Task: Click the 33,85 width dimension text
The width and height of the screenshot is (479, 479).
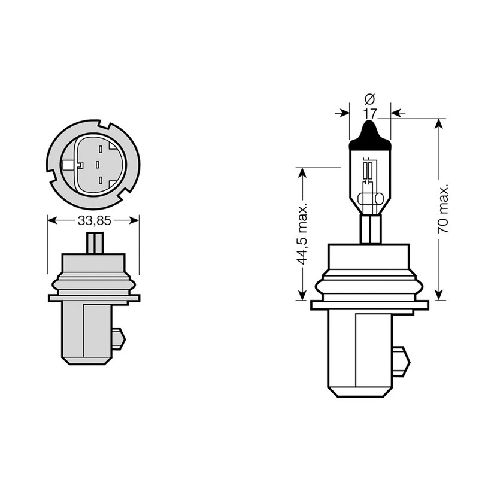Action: click(x=94, y=220)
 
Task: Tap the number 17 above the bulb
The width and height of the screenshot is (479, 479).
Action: click(x=369, y=113)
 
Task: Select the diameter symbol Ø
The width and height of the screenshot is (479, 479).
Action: click(x=369, y=98)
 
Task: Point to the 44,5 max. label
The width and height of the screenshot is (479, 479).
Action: click(x=302, y=234)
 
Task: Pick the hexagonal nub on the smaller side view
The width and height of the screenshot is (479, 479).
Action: click(x=119, y=339)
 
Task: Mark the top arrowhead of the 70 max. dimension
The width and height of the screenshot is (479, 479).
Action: click(x=439, y=124)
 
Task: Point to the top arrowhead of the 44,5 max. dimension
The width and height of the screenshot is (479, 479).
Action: click(x=302, y=172)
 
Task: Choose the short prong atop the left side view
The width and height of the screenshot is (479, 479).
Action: click(x=95, y=243)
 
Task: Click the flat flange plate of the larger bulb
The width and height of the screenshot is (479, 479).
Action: click(x=370, y=305)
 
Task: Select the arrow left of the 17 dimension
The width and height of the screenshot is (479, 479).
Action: click(x=344, y=113)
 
